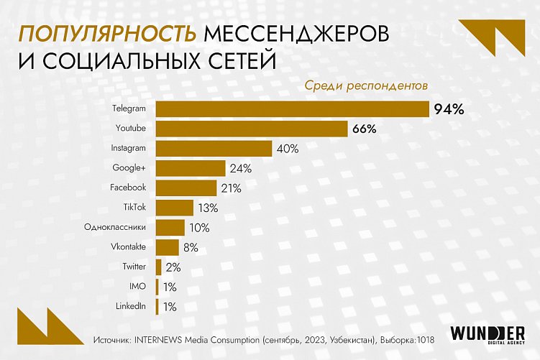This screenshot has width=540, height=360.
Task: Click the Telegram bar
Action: point(293,109)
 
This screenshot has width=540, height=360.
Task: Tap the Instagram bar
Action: point(214,148)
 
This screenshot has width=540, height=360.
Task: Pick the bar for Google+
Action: point(190,168)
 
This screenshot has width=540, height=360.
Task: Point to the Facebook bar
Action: point(186,188)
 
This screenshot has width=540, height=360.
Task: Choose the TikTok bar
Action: point(175,208)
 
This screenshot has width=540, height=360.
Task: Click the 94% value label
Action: point(449,110)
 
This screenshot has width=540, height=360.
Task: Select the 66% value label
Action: point(365,129)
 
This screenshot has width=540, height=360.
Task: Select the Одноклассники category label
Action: point(115,228)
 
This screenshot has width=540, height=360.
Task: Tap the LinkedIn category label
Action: point(130,306)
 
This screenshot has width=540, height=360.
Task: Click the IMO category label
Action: point(137,287)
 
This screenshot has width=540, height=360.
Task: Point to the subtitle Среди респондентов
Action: point(367,85)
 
